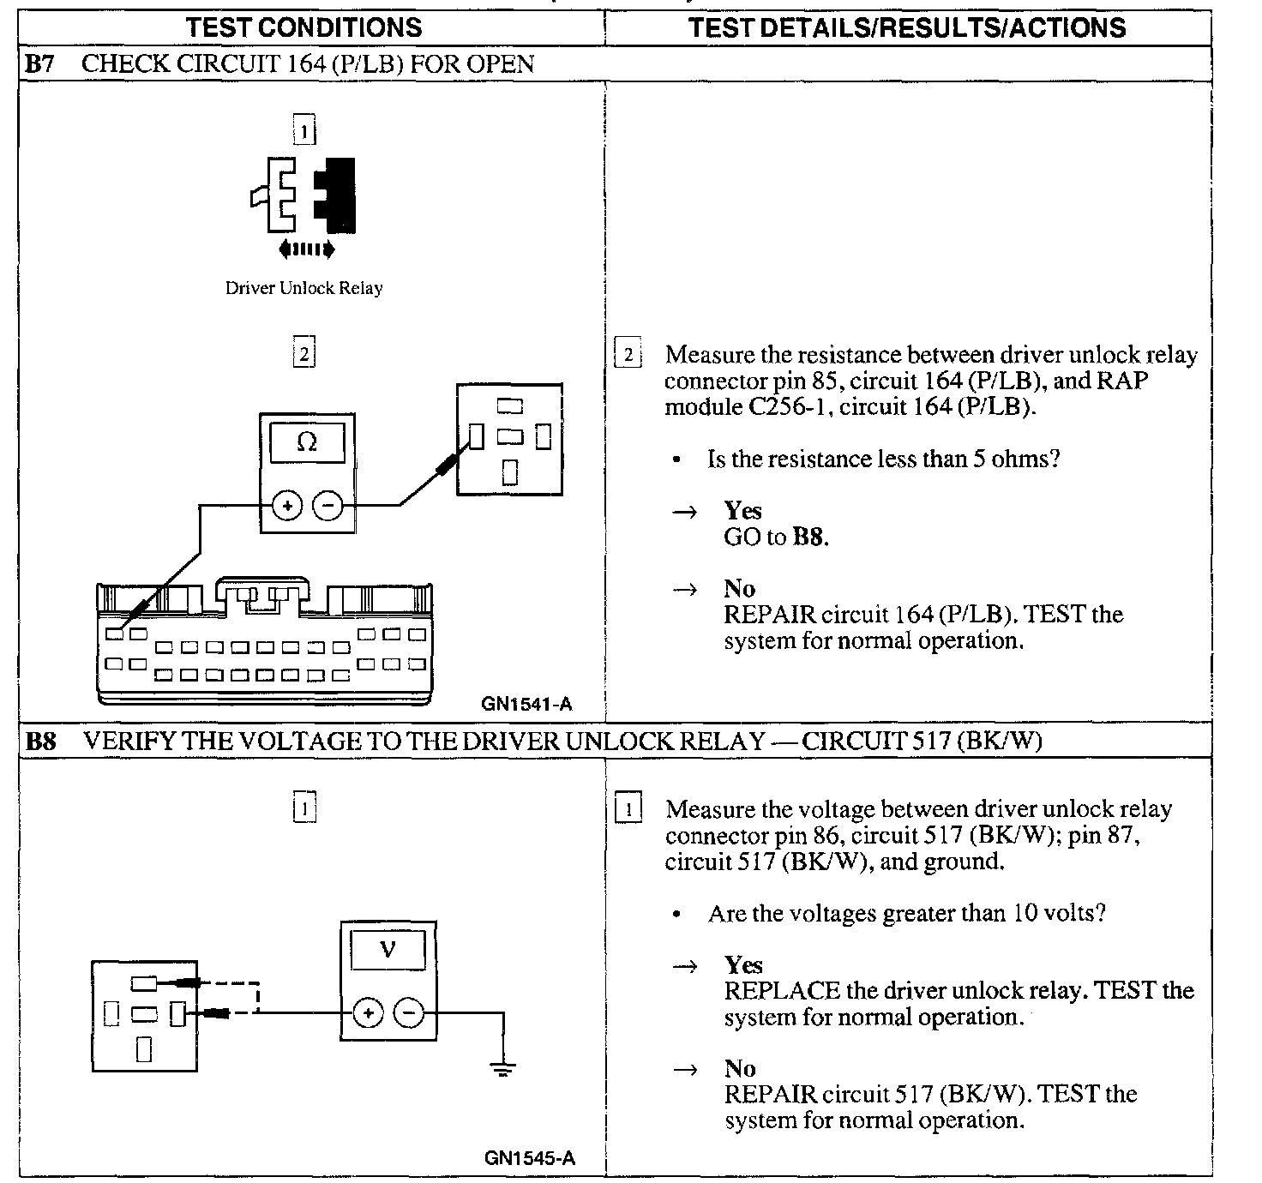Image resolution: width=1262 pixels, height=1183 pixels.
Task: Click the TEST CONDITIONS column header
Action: (x=304, y=27)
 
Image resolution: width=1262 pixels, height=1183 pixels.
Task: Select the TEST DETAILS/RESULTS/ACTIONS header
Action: (x=907, y=27)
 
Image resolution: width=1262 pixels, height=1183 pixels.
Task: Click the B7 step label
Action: (x=39, y=64)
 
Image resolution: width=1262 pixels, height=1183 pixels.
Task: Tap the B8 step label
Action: (x=40, y=741)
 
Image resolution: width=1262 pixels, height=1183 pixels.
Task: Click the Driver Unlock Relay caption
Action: (x=303, y=288)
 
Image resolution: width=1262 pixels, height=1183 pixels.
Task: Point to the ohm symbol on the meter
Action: (x=306, y=442)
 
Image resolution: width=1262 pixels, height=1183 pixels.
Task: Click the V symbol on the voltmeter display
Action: (x=388, y=949)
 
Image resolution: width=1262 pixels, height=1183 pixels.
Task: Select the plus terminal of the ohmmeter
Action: (x=287, y=506)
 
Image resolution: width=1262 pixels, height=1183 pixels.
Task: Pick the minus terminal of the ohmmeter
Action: (x=328, y=506)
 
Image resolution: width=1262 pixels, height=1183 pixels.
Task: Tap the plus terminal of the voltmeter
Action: (x=368, y=1013)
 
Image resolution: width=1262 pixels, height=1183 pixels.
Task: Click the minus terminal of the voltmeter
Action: (x=408, y=1013)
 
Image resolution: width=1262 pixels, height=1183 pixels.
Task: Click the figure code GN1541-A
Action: (x=526, y=705)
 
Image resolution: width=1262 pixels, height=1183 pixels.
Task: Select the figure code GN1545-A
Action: (x=529, y=1158)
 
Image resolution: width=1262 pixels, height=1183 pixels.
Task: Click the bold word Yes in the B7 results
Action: (x=742, y=511)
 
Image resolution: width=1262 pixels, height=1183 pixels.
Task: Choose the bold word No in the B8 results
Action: (x=739, y=1068)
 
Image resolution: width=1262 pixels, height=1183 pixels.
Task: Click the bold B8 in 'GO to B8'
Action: (x=809, y=537)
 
